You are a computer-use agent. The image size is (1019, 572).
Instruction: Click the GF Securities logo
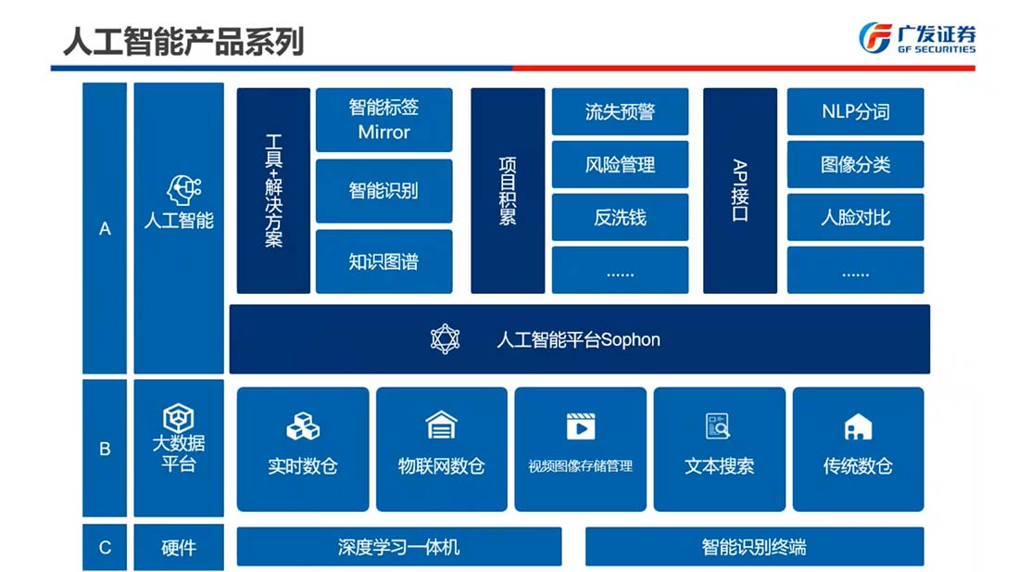[x=916, y=37]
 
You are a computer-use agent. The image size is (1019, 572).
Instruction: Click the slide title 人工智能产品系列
[x=183, y=40]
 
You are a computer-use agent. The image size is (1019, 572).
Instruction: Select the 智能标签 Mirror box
[x=384, y=120]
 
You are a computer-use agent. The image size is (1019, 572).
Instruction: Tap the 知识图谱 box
[x=384, y=261]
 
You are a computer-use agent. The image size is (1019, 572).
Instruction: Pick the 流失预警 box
[x=620, y=111]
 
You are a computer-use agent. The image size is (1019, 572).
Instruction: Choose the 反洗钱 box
[x=620, y=218]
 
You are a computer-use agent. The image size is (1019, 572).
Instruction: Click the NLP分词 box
[x=855, y=111]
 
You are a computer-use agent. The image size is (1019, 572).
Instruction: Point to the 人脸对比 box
[x=855, y=218]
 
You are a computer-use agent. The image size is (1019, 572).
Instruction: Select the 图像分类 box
[x=855, y=164]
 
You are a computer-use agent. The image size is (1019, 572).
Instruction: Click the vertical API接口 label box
[x=739, y=191]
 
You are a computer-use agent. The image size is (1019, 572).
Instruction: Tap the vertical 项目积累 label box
[x=508, y=191]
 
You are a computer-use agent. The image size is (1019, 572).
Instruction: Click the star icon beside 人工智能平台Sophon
[x=445, y=338]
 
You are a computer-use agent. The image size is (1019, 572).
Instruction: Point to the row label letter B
[x=105, y=449]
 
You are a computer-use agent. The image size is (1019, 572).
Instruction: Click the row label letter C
[x=105, y=547]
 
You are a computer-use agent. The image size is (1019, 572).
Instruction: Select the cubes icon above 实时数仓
[x=302, y=426]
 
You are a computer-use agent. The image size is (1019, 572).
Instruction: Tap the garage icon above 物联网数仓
[x=441, y=426]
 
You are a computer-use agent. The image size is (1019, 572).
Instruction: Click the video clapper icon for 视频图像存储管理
[x=580, y=426]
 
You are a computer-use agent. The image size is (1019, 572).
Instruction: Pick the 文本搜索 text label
[x=719, y=465]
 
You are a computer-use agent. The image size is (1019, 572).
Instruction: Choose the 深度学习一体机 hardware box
[x=398, y=547]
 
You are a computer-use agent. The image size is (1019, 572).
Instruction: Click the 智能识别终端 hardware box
[x=754, y=547]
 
